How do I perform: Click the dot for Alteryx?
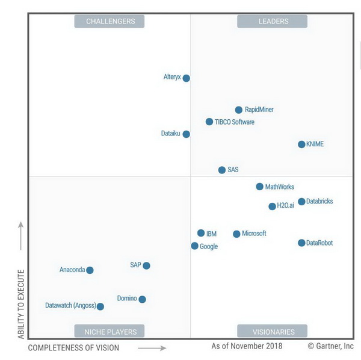click(x=187, y=78)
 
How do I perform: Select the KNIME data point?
click(x=301, y=144)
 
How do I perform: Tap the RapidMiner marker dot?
click(x=239, y=110)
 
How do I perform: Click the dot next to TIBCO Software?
click(x=209, y=122)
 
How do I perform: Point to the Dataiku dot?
click(x=187, y=134)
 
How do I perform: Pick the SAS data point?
click(x=222, y=170)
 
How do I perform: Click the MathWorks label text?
click(x=280, y=187)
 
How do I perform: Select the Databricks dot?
click(x=301, y=202)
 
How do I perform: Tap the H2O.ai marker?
click(x=272, y=206)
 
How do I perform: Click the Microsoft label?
click(x=254, y=234)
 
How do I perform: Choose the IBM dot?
click(x=201, y=233)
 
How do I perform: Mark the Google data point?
click(x=195, y=246)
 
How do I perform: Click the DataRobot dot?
click(x=301, y=243)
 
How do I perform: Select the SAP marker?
click(x=146, y=265)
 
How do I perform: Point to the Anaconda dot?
click(x=90, y=270)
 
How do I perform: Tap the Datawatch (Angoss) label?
click(x=70, y=306)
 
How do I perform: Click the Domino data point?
click(x=142, y=299)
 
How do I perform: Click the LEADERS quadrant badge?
click(x=273, y=22)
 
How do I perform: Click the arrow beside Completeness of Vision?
click(x=152, y=348)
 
